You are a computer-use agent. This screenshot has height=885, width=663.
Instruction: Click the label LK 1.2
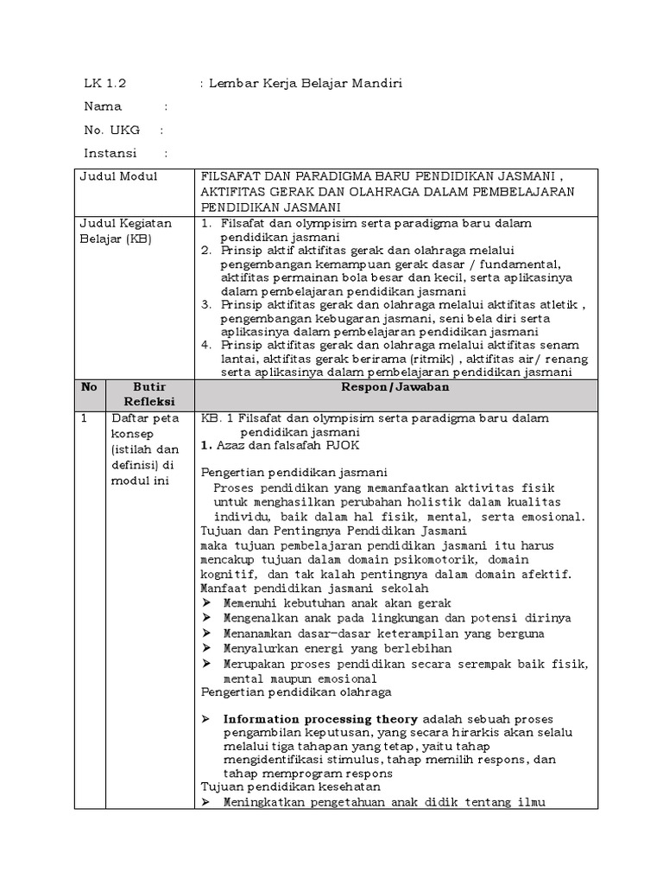pos(104,83)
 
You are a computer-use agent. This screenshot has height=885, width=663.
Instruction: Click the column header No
pos(89,387)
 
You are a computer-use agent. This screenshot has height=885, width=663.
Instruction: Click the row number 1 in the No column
pos(84,418)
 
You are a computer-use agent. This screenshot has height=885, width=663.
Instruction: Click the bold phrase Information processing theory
pos(319,719)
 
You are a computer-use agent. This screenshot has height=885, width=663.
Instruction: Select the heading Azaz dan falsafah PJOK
pos(286,445)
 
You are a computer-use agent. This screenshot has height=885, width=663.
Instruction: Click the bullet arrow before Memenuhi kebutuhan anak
pos(206,603)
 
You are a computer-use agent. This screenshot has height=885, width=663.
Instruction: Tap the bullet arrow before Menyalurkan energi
pos(206,647)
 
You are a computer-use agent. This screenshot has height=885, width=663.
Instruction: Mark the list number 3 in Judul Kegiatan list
pos(206,304)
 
